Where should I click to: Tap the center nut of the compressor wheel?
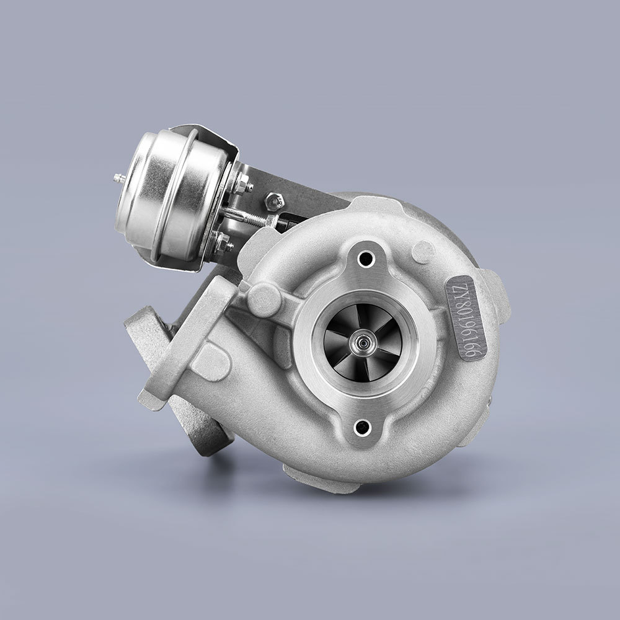359,340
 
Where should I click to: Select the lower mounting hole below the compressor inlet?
360,426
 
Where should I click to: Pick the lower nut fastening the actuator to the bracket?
223,242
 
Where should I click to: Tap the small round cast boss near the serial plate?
423,251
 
